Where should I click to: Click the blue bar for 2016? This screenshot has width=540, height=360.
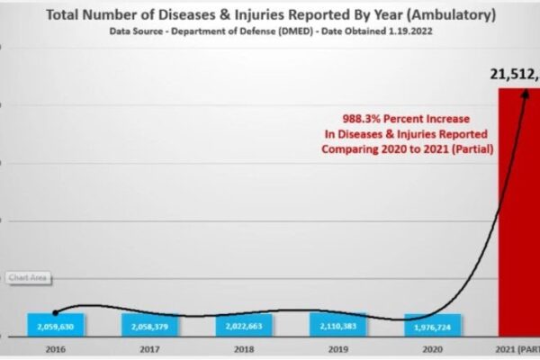click(56, 325)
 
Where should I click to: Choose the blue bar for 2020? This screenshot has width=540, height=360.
click(433, 326)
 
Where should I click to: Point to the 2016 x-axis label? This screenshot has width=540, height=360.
click(56, 347)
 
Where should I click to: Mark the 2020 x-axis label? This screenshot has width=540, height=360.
click(433, 347)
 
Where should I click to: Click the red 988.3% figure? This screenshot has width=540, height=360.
click(360, 118)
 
